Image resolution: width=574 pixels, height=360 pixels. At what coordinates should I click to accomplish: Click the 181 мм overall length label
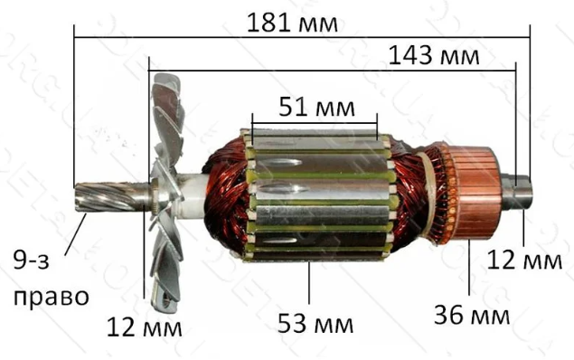click(292, 23)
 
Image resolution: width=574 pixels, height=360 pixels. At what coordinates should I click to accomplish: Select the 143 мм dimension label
click(433, 55)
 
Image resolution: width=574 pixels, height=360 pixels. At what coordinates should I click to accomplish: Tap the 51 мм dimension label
click(316, 107)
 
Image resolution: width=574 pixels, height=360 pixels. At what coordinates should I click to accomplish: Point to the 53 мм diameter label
click(315, 324)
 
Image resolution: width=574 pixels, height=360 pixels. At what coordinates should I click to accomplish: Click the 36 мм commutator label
click(472, 314)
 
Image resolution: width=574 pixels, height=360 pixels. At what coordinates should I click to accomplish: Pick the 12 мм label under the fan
click(145, 327)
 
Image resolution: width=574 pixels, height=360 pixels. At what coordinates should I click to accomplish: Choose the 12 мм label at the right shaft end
click(524, 261)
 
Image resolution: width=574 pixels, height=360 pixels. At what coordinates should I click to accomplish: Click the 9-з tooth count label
click(31, 260)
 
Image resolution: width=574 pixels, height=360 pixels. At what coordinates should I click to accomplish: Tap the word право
click(52, 298)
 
